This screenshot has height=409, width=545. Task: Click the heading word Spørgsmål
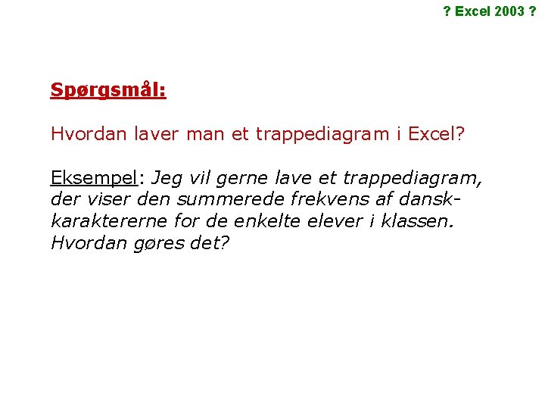point(108,90)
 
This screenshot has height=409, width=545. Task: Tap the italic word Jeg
point(167,178)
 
